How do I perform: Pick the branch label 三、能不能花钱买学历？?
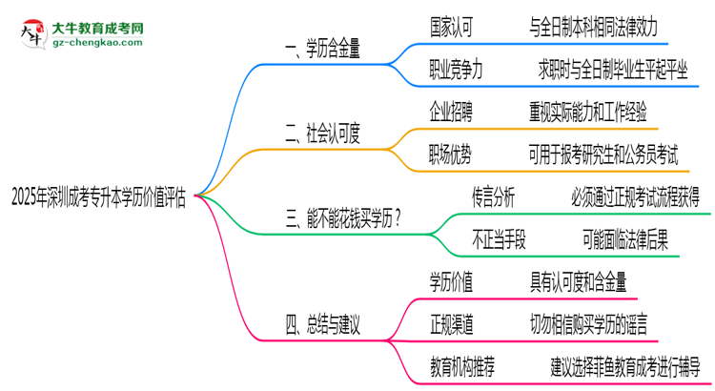(x=342, y=218)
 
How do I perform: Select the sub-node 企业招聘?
(x=457, y=111)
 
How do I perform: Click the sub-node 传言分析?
(x=494, y=196)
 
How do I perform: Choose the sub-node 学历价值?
(x=457, y=283)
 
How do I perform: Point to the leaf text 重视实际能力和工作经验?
(x=587, y=111)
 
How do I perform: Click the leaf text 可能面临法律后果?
(x=624, y=239)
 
